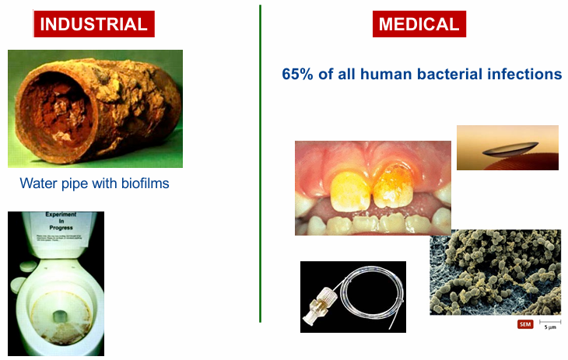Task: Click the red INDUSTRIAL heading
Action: coord(93,24)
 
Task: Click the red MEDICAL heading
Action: coord(418,24)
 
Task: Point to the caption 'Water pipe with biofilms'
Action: coord(94,184)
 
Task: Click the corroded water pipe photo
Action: coord(95,109)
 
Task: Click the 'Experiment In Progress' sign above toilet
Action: coord(54,226)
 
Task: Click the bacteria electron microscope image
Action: coord(495,272)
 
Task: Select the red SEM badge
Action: coord(525,323)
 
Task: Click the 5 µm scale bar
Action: coord(550,322)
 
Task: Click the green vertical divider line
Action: coord(260,163)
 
